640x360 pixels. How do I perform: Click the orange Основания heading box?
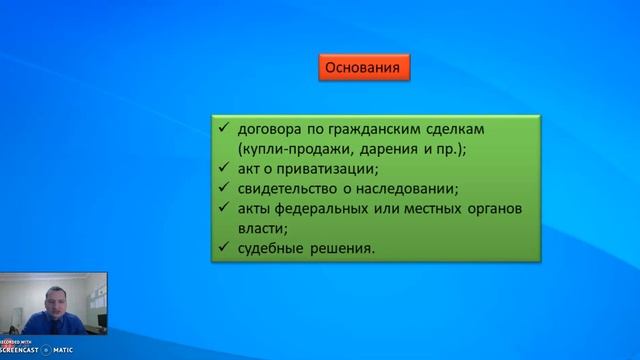365,69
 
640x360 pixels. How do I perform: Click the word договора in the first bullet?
267,130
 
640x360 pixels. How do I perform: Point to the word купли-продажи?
286,149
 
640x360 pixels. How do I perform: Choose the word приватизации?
318,169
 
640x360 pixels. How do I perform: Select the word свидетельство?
291,189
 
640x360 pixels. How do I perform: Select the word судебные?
272,248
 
